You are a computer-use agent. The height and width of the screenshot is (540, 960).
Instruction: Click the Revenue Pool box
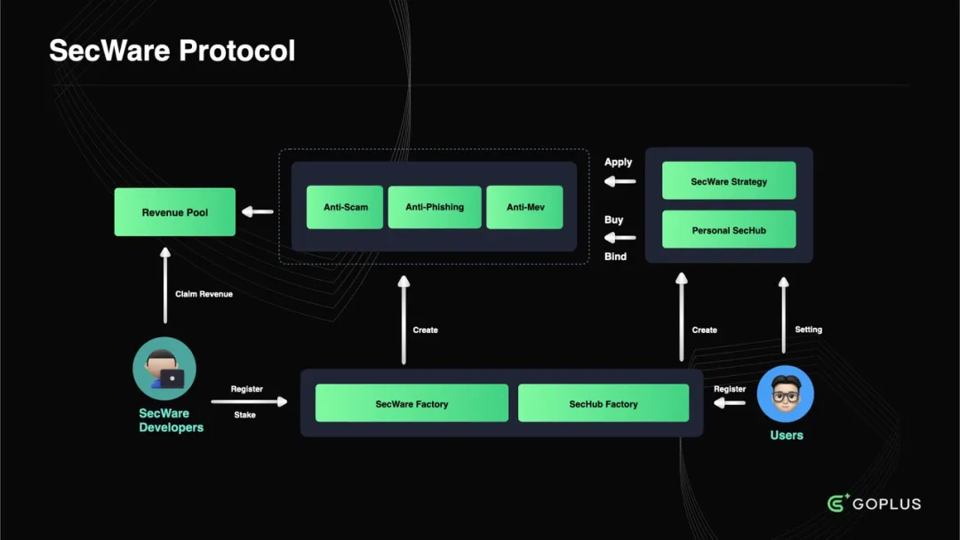tap(174, 212)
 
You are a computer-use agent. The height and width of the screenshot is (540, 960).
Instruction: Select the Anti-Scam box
tap(345, 207)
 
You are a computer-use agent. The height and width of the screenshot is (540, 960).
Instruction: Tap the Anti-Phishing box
tap(435, 207)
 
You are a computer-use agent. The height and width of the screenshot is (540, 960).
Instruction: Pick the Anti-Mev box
tap(524, 207)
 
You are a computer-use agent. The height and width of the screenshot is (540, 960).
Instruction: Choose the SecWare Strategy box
tap(728, 181)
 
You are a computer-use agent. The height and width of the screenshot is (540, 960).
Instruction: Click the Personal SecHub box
tap(728, 230)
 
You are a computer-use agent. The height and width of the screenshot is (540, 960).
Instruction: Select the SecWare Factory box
tap(412, 403)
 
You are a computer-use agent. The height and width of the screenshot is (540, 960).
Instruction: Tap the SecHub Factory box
tap(603, 403)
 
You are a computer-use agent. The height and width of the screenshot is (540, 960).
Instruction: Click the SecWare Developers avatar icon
tap(164, 369)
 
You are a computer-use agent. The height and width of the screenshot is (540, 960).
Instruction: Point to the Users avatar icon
tap(786, 393)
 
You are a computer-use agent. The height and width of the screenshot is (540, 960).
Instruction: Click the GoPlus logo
tap(874, 504)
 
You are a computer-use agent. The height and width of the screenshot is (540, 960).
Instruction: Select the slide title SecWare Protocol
tap(172, 51)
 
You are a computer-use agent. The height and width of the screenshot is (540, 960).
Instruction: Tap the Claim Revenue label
tap(204, 294)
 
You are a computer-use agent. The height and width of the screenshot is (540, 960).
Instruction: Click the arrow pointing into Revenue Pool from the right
tap(258, 211)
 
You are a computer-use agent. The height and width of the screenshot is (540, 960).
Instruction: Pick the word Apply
tap(618, 163)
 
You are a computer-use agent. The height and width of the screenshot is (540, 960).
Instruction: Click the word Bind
tap(615, 257)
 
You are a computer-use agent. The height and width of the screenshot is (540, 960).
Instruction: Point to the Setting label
tap(808, 330)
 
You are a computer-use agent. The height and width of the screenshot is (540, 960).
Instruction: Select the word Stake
tap(244, 415)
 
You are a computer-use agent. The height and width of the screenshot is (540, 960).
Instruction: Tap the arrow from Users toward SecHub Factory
tap(730, 403)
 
